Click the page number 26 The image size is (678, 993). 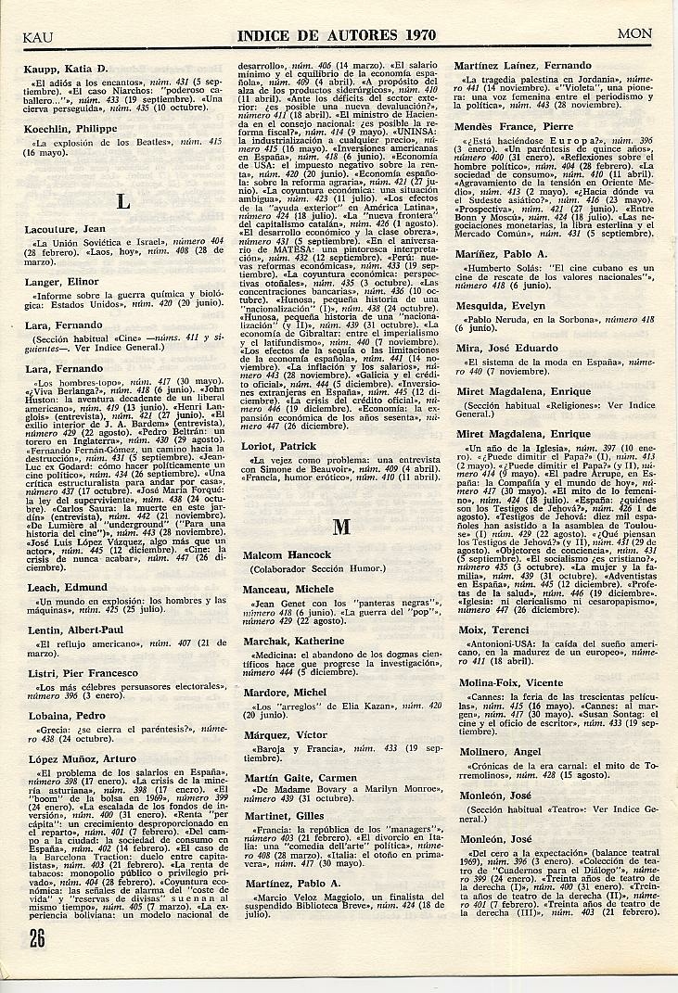(x=36, y=936)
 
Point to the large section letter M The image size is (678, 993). (x=341, y=526)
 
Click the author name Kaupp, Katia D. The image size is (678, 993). (x=67, y=70)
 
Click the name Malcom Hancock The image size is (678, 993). (x=287, y=554)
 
